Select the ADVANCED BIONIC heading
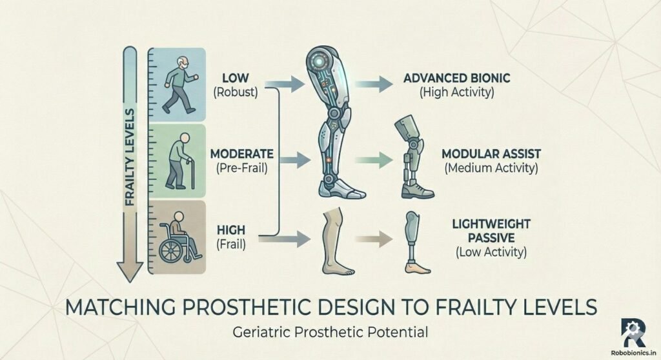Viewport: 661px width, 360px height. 456,78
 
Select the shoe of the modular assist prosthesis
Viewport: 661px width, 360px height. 416,188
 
